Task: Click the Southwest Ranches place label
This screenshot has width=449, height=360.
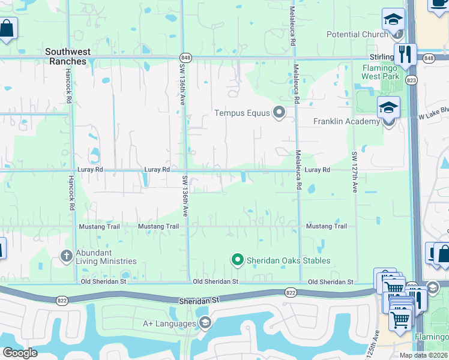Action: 66,56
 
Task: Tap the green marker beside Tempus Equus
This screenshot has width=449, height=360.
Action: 279,112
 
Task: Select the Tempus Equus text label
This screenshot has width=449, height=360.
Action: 243,113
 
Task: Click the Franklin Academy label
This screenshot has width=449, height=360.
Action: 346,122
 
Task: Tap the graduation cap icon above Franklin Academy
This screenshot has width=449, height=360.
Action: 388,109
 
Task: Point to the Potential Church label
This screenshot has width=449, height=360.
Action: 357,34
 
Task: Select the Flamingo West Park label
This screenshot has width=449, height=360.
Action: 381,72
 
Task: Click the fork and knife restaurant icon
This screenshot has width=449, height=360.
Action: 405,55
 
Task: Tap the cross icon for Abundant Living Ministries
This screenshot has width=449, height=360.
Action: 67,256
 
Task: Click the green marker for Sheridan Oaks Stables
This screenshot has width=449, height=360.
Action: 237,260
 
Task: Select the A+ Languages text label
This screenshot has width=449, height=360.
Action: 169,324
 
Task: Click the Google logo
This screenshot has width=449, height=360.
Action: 20,353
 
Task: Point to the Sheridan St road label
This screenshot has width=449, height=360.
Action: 196,301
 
